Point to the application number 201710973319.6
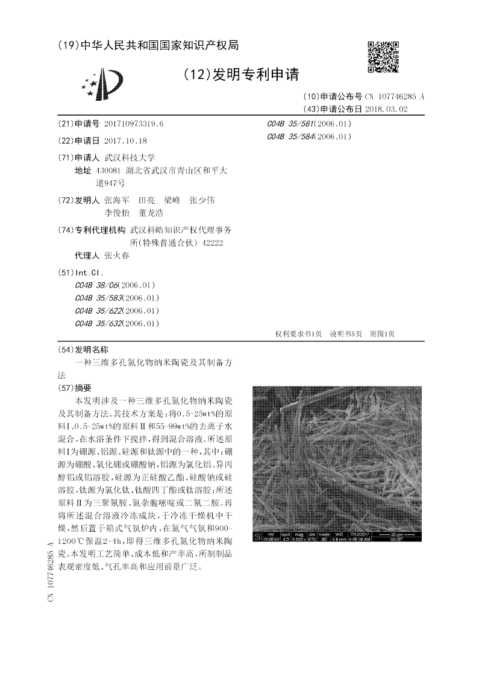pos(134,124)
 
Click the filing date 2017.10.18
pos(125,140)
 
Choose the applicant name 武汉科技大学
pos(130,157)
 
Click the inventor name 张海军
pos(117,200)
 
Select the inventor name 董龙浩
pos(151,213)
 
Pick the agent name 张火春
pos(116,255)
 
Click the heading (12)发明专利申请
pos(240,75)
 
